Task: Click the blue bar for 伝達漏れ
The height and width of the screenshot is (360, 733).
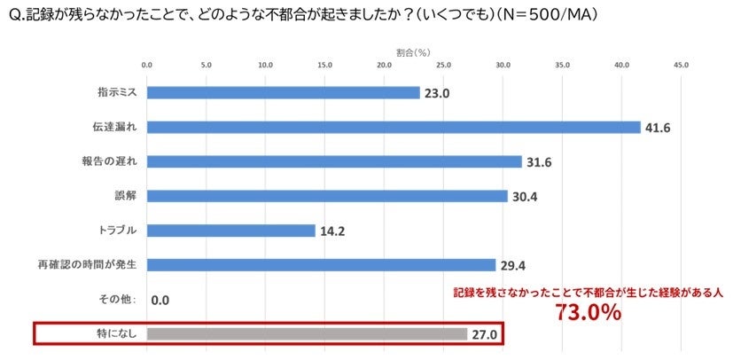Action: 393,127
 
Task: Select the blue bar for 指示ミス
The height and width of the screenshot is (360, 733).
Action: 283,92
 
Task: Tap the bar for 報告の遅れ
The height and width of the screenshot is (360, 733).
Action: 333,161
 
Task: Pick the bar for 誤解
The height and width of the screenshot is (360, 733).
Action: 326,196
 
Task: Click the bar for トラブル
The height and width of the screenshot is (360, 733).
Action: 230,231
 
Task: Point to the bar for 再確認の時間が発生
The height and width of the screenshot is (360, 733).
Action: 320,264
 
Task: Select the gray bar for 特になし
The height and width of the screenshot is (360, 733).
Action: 306,333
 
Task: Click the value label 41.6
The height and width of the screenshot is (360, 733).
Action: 658,128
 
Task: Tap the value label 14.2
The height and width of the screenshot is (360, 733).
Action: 332,231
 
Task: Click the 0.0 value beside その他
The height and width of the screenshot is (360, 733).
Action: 160,301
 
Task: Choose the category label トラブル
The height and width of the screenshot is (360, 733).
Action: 116,231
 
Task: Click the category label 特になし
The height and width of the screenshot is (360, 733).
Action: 116,333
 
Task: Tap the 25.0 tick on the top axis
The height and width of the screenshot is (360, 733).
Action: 443,66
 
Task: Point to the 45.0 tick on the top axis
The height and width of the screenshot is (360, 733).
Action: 681,66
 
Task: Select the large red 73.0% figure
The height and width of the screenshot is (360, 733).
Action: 588,312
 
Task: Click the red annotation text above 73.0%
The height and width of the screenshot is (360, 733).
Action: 588,291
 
